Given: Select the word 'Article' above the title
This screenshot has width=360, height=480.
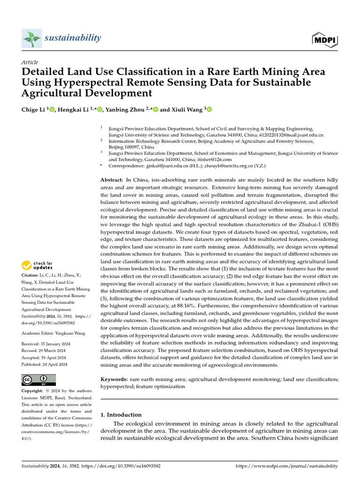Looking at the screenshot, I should pos(30,62).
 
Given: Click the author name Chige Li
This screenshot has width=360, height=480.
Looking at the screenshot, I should pos(33,110).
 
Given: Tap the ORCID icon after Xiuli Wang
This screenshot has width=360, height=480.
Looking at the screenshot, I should pos(209,110).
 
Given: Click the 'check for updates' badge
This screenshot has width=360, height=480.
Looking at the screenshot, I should pos(37,265).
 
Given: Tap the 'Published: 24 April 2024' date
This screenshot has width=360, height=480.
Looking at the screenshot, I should pos(45,364).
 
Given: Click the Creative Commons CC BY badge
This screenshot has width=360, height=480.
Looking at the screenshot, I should pos(38,379).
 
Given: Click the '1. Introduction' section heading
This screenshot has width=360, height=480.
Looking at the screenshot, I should pos(121,415).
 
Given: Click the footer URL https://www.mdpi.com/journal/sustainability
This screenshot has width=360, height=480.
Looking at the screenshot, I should pos(286,466).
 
